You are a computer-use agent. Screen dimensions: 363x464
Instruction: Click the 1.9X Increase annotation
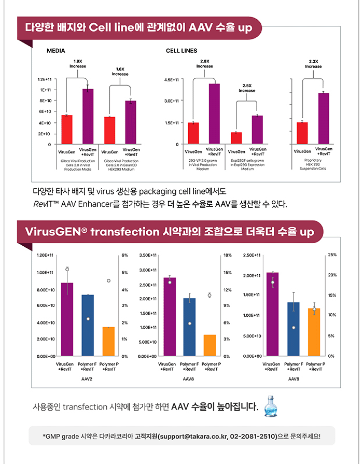(78, 64)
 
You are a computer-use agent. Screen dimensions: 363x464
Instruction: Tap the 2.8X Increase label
(205, 64)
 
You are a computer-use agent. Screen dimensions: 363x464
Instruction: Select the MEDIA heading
(56, 51)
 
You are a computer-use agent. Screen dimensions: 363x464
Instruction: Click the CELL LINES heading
(181, 51)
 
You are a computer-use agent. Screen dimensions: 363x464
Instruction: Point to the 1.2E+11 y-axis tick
(45, 79)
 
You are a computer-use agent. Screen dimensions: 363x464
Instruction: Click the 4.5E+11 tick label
(172, 80)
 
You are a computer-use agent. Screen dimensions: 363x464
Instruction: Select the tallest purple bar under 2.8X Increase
(214, 114)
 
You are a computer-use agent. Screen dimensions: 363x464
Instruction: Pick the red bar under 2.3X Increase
(302, 133)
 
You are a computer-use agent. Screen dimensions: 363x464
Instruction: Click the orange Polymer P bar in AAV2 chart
(108, 342)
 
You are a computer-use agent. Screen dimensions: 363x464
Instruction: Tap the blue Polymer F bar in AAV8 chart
(189, 327)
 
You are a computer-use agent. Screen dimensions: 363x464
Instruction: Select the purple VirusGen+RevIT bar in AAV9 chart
(272, 314)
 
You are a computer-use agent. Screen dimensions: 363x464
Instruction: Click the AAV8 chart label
(188, 379)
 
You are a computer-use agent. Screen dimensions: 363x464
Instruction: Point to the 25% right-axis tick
(332, 255)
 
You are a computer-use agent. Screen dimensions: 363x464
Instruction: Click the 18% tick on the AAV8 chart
(228, 255)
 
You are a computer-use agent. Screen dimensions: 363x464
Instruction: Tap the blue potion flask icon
(270, 406)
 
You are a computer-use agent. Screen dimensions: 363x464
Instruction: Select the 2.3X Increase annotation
(314, 64)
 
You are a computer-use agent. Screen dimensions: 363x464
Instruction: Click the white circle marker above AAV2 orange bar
(109, 280)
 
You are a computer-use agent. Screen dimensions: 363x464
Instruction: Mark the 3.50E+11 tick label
(148, 255)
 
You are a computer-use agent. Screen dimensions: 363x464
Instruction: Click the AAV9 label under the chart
(294, 379)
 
